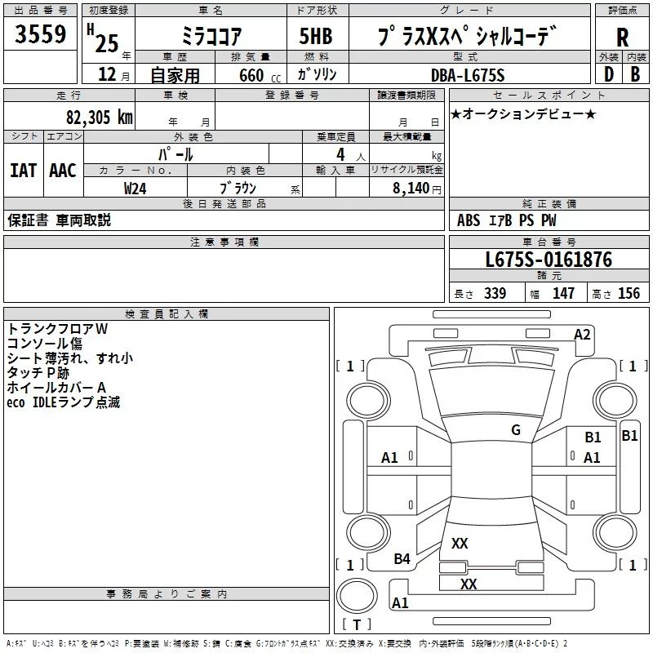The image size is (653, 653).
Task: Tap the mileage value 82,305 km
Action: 99,117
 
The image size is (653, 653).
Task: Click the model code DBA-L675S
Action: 468,75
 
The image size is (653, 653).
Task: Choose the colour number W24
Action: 135,188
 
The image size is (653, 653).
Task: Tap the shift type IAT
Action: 23,170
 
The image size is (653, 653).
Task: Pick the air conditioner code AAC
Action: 62,170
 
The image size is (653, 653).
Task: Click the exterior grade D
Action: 607,74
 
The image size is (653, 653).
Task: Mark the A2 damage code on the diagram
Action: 582,334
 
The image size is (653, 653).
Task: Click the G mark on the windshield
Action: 515,430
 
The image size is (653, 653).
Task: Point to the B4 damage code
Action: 402,558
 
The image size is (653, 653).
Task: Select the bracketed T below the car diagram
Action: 356,625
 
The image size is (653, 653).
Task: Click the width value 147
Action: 563,294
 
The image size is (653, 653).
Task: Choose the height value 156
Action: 629,294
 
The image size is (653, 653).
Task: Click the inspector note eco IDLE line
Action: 63,402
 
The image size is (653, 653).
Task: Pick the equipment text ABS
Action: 469,220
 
